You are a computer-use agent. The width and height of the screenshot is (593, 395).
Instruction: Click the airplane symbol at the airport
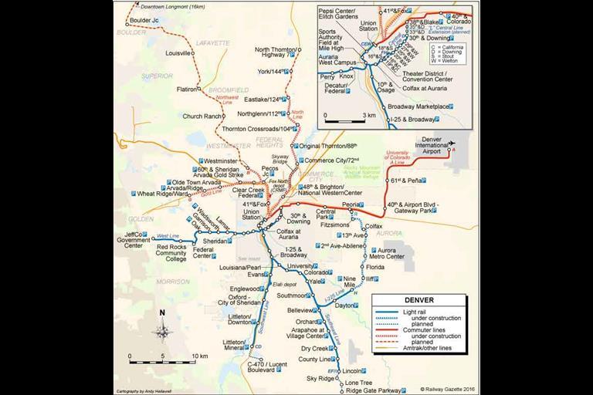tap(452, 142)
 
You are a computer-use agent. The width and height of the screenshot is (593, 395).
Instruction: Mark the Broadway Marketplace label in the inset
tap(421, 106)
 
